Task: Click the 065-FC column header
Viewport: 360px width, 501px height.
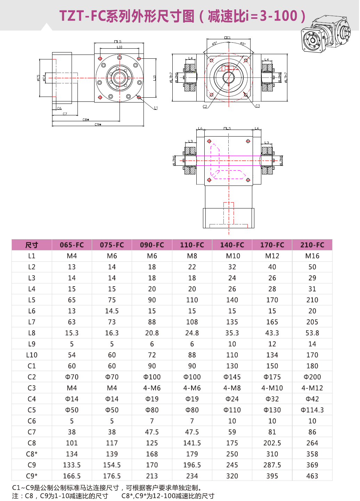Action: pyautogui.click(x=72, y=245)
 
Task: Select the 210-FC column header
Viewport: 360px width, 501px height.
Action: pyautogui.click(x=312, y=245)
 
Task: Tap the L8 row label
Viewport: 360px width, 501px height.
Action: pyautogui.click(x=32, y=333)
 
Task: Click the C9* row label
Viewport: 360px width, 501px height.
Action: pyautogui.click(x=32, y=476)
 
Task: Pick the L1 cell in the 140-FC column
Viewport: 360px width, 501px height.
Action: pyautogui.click(x=232, y=256)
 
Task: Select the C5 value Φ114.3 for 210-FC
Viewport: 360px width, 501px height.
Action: pyautogui.click(x=312, y=410)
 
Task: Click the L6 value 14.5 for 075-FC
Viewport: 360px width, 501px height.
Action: pyautogui.click(x=112, y=311)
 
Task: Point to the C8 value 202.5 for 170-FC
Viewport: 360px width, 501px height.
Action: pyautogui.click(x=272, y=443)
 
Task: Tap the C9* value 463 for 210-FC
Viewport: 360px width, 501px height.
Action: pyautogui.click(x=312, y=476)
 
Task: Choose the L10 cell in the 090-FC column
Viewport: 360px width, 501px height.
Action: pyautogui.click(x=152, y=355)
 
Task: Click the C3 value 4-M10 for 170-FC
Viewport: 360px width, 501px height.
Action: pyautogui.click(x=272, y=388)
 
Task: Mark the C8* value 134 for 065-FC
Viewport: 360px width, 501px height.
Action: pyautogui.click(x=72, y=454)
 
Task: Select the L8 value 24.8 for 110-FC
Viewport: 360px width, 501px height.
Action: pyautogui.click(x=192, y=333)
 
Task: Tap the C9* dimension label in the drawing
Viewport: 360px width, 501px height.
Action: pyautogui.click(x=98, y=124)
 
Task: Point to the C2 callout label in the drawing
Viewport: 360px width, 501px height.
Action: pyautogui.click(x=205, y=107)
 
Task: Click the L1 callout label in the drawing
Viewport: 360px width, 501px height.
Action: pyautogui.click(x=156, y=108)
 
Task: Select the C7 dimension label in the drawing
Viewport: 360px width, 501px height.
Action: pyautogui.click(x=65, y=114)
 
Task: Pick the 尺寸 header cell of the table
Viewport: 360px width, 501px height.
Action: pyautogui.click(x=32, y=245)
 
